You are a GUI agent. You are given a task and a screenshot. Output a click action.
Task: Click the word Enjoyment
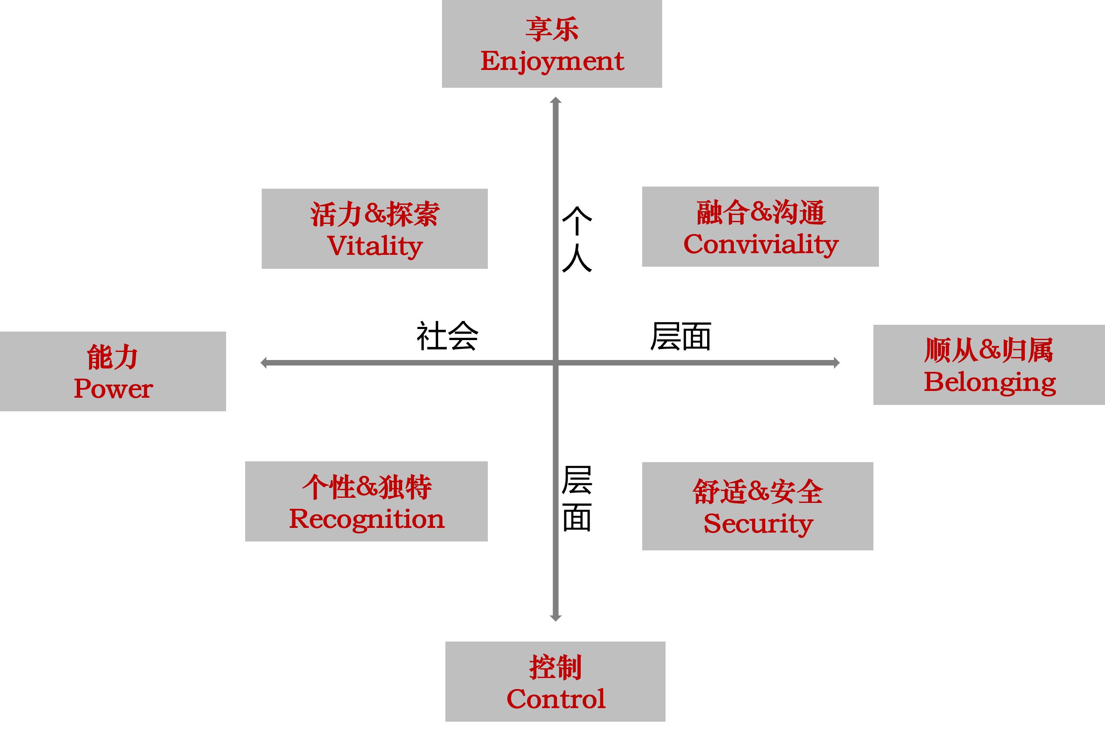552,61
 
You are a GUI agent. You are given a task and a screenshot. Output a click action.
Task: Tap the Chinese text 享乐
552,29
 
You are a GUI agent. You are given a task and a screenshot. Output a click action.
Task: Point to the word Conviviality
761,244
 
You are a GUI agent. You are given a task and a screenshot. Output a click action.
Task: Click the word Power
113,388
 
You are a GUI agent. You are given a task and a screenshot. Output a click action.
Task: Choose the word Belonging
989,382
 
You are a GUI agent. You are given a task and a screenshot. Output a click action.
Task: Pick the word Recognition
366,519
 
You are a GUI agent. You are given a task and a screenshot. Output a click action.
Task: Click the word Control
556,699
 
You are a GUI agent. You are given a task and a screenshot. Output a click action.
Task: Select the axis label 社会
447,336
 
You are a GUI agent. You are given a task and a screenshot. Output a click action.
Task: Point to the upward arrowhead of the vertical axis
555,100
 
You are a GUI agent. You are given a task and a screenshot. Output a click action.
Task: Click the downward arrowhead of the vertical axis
555,618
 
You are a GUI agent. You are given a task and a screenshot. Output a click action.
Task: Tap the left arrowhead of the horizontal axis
264,363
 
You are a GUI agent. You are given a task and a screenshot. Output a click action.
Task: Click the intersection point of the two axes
555,363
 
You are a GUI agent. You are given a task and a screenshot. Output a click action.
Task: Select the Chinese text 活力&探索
375,215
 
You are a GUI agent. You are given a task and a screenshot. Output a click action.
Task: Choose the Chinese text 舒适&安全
758,492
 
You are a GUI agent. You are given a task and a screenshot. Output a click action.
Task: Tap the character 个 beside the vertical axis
577,221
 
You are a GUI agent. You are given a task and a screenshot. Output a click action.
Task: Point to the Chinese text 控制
555,667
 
